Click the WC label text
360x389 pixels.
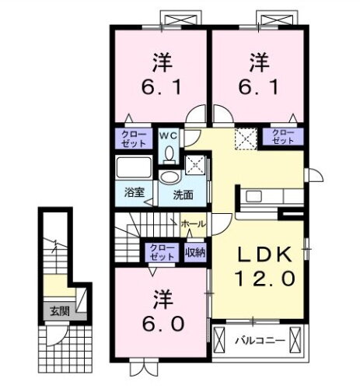[x=169, y=136]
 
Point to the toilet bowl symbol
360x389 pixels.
[x=169, y=152]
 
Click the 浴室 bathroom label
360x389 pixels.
[x=134, y=191]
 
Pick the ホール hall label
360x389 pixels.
[x=194, y=224]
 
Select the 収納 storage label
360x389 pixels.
[x=196, y=251]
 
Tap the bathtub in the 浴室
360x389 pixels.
[x=135, y=168]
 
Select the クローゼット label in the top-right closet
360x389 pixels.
[x=282, y=137]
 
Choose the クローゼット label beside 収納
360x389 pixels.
[x=162, y=251]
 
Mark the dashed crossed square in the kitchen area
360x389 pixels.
[x=246, y=139]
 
